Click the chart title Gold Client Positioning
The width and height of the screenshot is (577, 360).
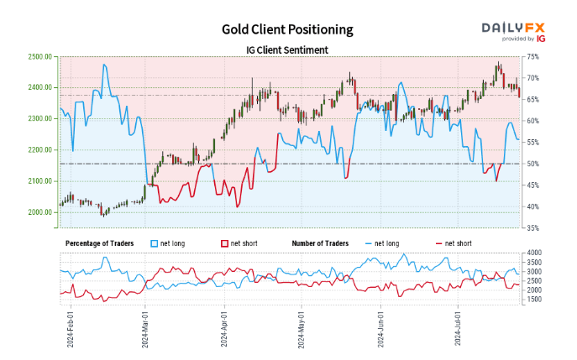[x=287, y=29]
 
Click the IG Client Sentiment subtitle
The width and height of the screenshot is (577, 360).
[x=287, y=50]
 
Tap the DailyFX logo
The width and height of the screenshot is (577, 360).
[x=513, y=30]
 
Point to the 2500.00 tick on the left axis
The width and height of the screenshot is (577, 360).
[x=41, y=56]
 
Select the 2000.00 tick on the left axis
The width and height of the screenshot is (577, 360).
[x=41, y=212]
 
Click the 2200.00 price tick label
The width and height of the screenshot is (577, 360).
[x=41, y=150]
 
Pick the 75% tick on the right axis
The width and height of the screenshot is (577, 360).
[x=532, y=56]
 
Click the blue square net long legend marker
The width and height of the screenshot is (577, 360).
[x=154, y=243]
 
